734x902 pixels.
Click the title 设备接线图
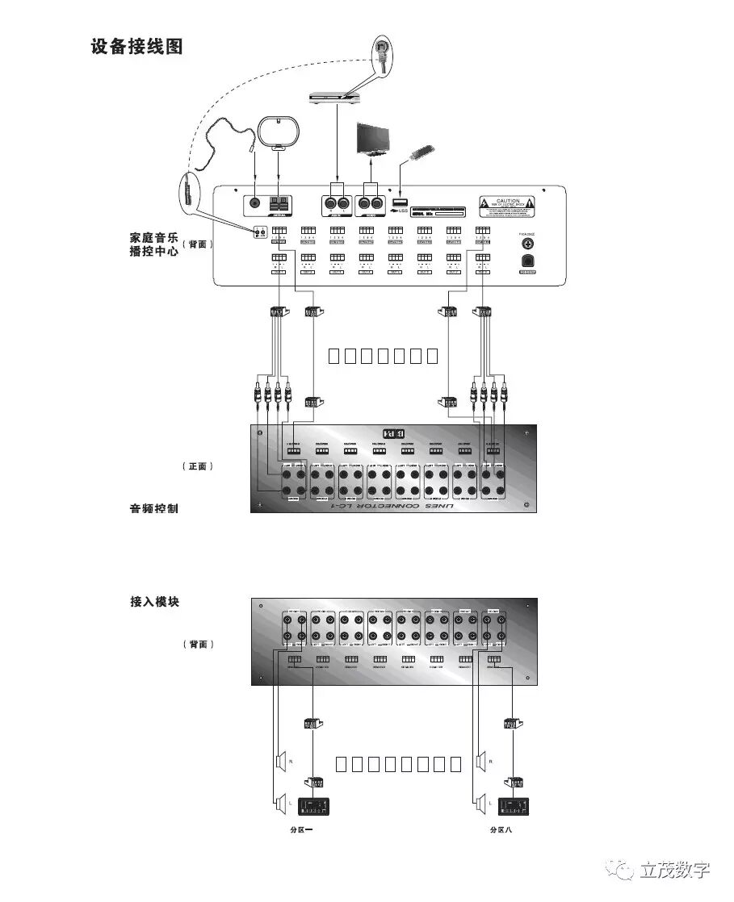click(x=137, y=47)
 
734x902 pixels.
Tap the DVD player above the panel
click(x=338, y=96)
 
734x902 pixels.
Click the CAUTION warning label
click(x=507, y=206)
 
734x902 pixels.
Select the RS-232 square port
click(x=528, y=260)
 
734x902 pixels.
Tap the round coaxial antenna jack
click(x=255, y=204)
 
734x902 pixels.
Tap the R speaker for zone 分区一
click(x=282, y=760)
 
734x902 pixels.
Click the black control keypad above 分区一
click(x=314, y=806)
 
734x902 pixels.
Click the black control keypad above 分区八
click(x=514, y=806)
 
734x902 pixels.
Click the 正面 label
click(x=198, y=466)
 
